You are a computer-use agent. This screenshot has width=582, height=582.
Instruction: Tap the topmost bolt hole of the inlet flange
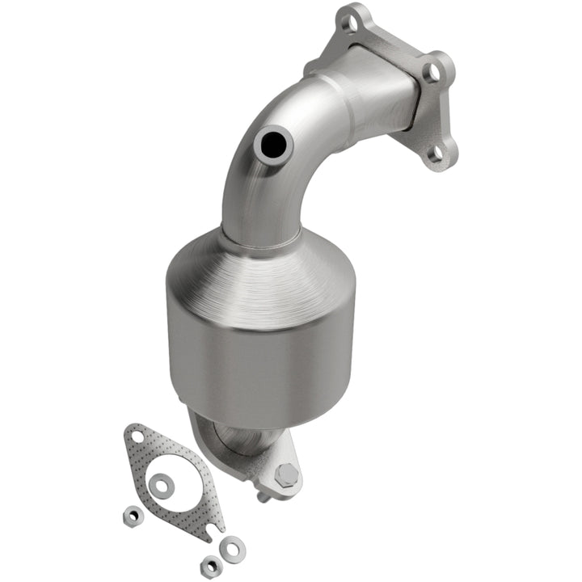tap(350, 24)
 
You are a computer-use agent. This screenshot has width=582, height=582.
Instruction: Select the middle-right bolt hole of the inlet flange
tap(434, 73)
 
